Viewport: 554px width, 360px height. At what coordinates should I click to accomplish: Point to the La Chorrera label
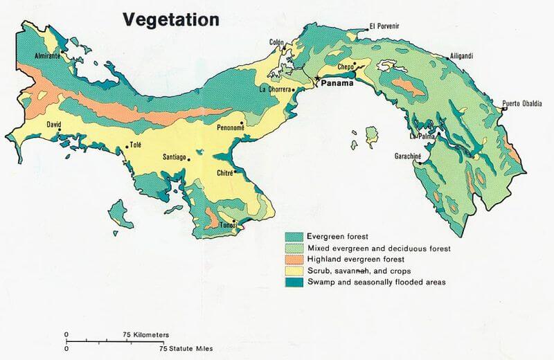[x=275, y=89]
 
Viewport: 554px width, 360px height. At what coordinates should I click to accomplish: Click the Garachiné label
[x=409, y=156]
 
